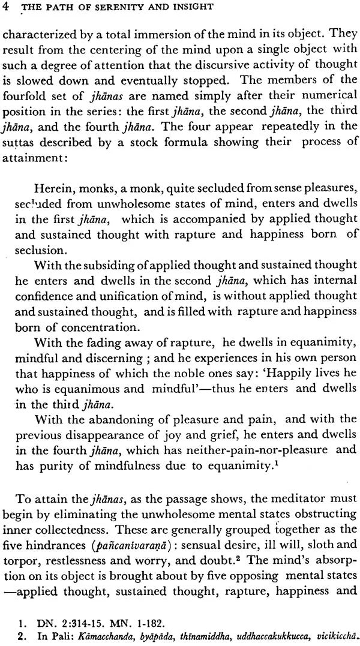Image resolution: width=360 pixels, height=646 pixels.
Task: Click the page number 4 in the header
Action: [7, 8]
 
